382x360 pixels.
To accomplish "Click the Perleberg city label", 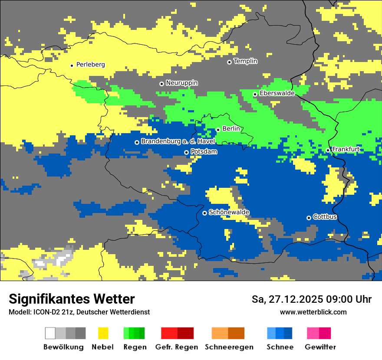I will (x=90, y=65).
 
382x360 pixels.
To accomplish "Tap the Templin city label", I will (x=245, y=61).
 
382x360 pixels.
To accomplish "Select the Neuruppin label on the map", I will (x=181, y=83).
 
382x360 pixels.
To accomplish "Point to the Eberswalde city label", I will (x=277, y=93).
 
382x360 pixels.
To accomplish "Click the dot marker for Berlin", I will (x=218, y=129).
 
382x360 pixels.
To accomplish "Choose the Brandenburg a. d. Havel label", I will (x=178, y=141).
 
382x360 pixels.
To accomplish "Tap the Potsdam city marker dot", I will (x=187, y=152).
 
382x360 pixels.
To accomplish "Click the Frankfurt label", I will (x=346, y=149).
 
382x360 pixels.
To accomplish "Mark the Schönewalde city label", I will (x=229, y=212).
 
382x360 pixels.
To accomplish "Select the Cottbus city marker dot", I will (x=309, y=218).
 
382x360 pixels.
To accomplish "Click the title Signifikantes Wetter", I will (x=72, y=299).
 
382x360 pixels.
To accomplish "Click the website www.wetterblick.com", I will (x=313, y=312).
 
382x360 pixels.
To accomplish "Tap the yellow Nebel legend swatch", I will (x=103, y=333).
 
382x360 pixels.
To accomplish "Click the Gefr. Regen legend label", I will (x=176, y=347).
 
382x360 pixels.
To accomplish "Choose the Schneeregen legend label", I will (x=229, y=347).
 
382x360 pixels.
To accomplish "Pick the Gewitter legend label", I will (x=320, y=347).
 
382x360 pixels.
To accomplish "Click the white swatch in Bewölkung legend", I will (x=50, y=333).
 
